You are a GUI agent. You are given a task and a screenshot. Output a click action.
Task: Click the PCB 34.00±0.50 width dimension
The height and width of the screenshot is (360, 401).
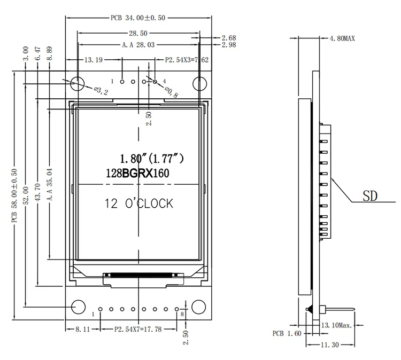pyautogui.click(x=138, y=18)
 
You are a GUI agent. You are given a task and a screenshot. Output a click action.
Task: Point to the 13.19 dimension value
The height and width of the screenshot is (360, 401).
pyautogui.click(x=95, y=60)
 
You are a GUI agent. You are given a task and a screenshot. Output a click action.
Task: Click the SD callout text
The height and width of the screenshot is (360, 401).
pyautogui.click(x=370, y=196)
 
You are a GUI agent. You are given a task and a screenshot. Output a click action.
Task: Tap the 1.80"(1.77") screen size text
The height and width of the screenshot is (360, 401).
pyautogui.click(x=151, y=158)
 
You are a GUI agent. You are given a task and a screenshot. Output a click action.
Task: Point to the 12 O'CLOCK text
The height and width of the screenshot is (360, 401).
pyautogui.click(x=139, y=204)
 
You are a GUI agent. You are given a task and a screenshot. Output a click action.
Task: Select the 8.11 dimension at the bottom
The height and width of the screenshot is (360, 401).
pyautogui.click(x=76, y=330)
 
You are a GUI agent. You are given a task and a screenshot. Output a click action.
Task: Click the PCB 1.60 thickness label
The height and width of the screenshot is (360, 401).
pyautogui.click(x=287, y=333)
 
